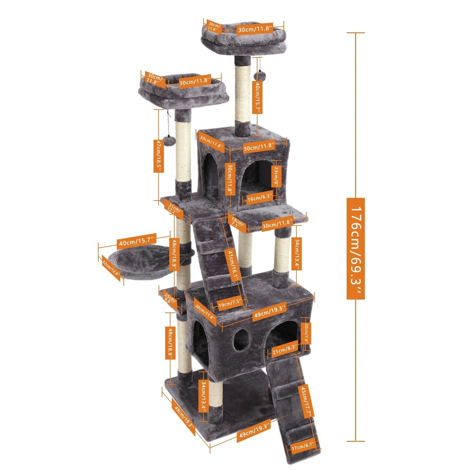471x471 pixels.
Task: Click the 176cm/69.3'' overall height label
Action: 355,248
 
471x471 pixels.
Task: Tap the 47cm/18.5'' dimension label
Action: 158,156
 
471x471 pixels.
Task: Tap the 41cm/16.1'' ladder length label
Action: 233,266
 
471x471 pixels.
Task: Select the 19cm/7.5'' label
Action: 230,304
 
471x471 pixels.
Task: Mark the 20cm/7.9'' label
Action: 306,333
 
